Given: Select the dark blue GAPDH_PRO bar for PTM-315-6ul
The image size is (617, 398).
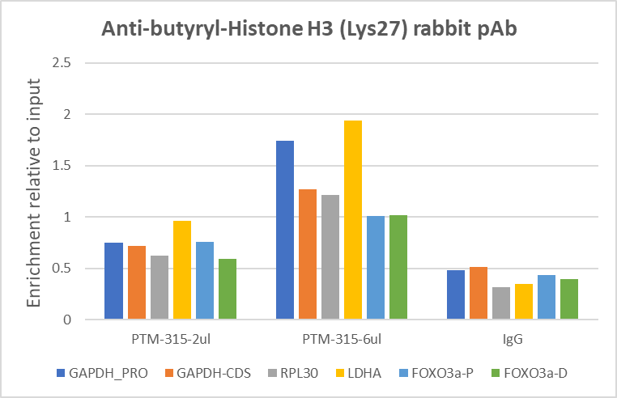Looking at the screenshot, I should click(x=285, y=231).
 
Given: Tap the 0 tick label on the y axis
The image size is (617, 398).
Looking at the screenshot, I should click(x=67, y=320).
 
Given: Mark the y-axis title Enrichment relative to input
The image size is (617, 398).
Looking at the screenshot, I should click(x=33, y=192).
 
